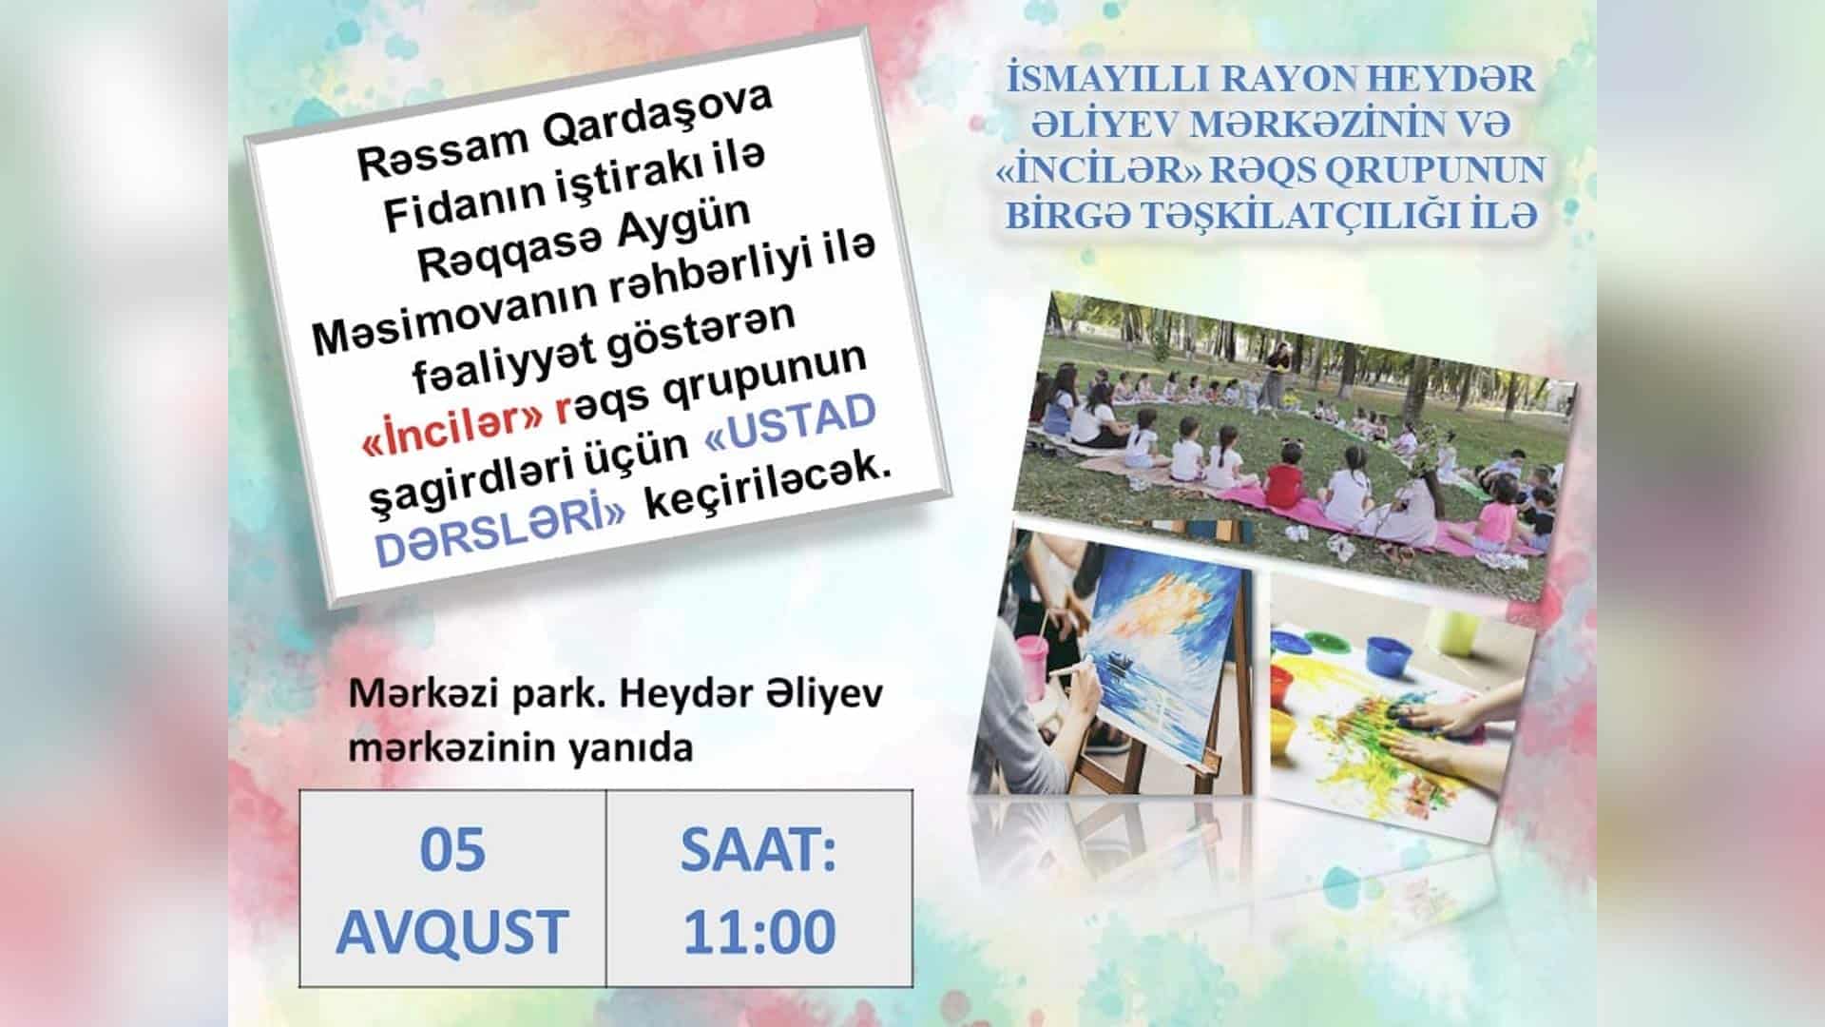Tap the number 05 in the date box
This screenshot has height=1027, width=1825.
452,849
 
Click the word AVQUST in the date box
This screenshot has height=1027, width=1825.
452,931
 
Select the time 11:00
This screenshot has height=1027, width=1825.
759,931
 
